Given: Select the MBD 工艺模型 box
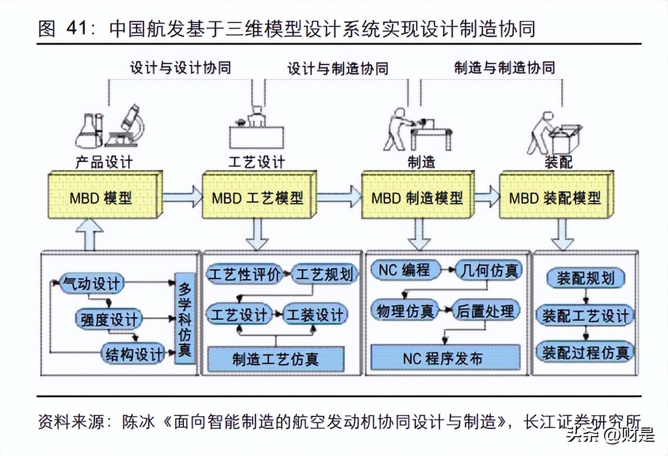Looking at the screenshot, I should [x=257, y=198].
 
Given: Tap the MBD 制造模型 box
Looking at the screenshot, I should [x=417, y=198].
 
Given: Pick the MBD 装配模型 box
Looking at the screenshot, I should [x=554, y=198].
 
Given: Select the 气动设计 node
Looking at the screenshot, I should [x=91, y=284].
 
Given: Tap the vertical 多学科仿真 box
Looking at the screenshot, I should [x=185, y=318].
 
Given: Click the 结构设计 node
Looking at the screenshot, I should [x=133, y=354].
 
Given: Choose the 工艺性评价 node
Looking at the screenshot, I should [x=245, y=273].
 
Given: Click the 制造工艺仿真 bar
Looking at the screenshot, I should [x=275, y=359].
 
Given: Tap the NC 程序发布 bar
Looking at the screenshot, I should [x=445, y=358].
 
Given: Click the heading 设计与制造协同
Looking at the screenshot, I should [x=338, y=69].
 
